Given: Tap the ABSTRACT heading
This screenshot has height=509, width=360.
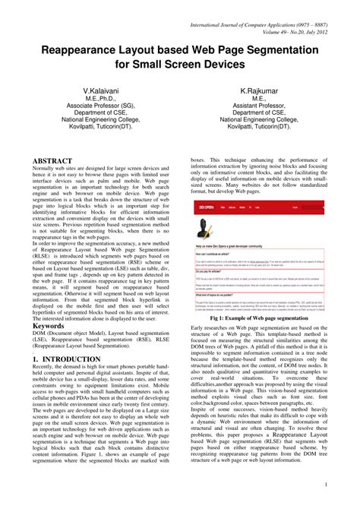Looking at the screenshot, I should point(52,162).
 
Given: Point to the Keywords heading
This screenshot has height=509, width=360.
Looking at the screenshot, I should point(49,325).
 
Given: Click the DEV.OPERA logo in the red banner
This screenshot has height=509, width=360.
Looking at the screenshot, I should point(205,205).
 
